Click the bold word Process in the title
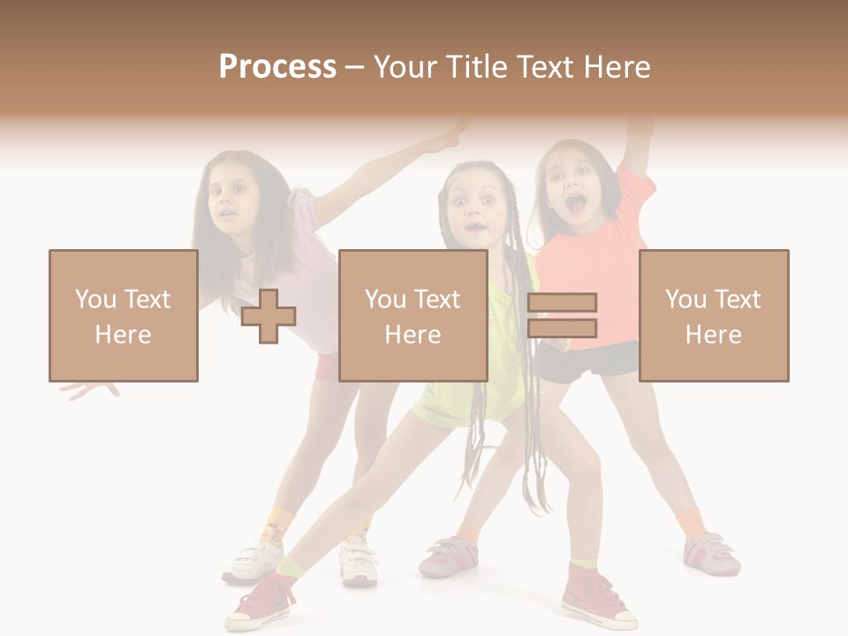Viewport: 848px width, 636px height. (x=277, y=67)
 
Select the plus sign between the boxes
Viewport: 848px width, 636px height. (x=269, y=316)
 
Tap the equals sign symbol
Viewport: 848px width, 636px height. (x=562, y=315)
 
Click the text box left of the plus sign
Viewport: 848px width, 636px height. (x=123, y=315)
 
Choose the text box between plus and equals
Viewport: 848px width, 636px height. (x=413, y=315)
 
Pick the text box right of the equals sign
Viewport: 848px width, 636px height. (x=713, y=315)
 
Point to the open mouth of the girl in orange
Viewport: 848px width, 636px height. (x=576, y=206)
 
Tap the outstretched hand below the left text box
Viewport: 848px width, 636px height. (x=88, y=389)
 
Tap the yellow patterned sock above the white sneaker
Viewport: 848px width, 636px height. (x=277, y=526)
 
